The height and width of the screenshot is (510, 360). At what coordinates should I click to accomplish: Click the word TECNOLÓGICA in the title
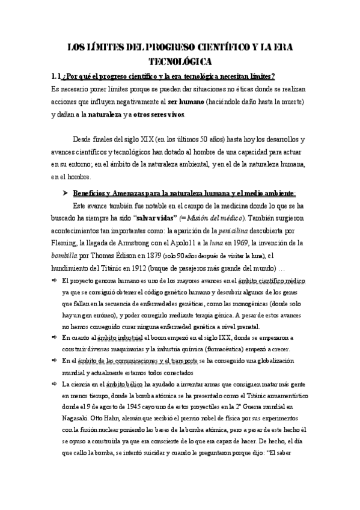[180, 61]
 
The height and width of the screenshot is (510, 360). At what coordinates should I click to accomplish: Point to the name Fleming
[67, 242]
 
